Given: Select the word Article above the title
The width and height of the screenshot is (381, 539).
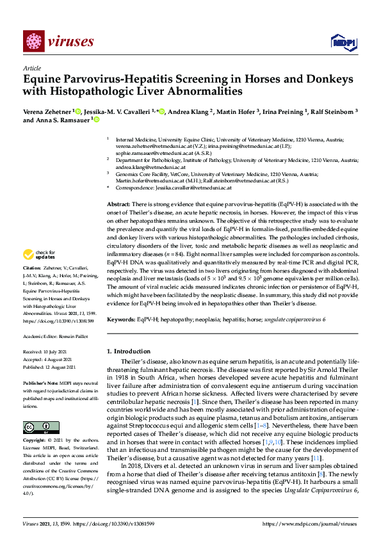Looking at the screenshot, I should pos(31,68).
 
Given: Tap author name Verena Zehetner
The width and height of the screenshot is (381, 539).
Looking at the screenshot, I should pos(47,111).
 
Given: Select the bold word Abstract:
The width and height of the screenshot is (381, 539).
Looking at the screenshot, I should pos(119,203).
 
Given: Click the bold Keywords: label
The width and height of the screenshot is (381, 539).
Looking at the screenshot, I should pos(122,319).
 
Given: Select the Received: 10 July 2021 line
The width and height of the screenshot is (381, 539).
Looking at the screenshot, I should pos(46,351).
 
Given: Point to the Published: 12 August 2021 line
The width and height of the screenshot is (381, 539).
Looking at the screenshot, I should pos(49,367).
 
